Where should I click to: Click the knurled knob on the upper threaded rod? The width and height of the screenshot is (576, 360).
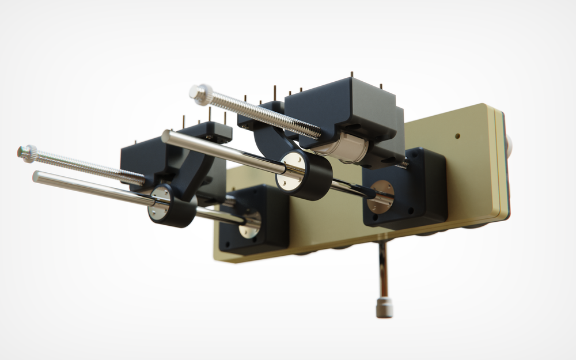point(200,94)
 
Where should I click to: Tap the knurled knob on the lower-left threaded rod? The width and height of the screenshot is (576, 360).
point(26,153)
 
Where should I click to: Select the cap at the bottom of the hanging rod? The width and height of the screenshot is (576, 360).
point(384,307)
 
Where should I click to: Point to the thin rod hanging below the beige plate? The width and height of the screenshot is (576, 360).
point(382,271)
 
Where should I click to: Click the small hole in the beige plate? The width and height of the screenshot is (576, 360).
point(457,137)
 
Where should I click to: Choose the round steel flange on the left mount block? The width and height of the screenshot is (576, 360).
point(250,224)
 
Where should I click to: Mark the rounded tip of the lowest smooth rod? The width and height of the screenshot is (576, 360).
point(36,176)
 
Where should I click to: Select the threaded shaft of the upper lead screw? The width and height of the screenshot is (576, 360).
point(259,114)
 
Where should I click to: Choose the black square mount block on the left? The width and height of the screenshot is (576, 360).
point(253,219)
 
